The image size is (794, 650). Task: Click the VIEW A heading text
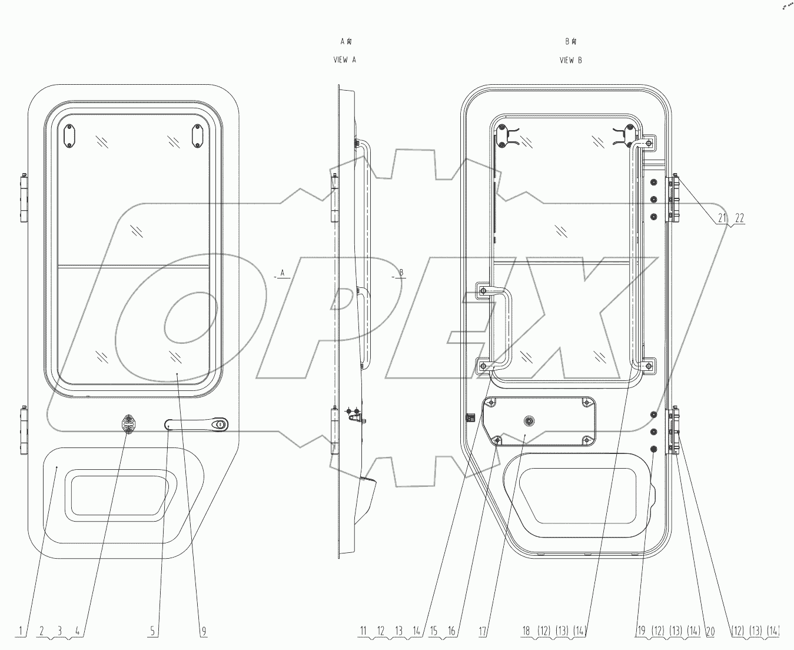coord(345,60)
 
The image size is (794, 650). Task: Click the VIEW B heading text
coord(570,60)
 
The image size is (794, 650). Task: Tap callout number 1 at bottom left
coord(21,631)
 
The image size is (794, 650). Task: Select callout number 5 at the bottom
coord(152,631)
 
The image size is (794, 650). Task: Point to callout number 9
coord(204,631)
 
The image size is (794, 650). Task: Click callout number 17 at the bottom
coord(483,631)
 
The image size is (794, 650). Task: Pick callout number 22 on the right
coord(739,218)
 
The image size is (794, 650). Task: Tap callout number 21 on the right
coord(722,218)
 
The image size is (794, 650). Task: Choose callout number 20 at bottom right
coord(710,631)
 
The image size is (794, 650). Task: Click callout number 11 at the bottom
coord(363,631)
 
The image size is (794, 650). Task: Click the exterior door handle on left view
coord(197,424)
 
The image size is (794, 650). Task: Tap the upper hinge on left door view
coord(24,198)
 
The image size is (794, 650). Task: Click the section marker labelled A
coord(282,273)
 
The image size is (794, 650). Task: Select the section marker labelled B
coord(400,273)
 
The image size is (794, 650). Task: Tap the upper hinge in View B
coord(673,199)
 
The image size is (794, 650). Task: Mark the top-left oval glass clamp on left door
coord(69,137)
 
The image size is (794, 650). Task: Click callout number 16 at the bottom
coord(451,631)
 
